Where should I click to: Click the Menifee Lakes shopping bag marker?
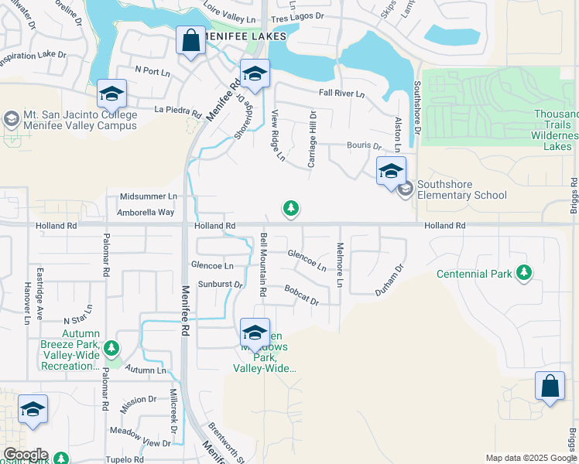point(190,40)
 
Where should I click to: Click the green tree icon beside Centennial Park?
point(525,272)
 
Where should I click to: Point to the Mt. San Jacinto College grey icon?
point(11,119)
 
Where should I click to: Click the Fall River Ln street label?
point(341,94)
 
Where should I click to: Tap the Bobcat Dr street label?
point(301,295)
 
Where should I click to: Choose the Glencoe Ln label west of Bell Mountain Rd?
point(212,265)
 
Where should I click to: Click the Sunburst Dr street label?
point(220,285)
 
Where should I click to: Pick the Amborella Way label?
point(146,212)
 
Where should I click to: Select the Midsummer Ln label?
point(149,197)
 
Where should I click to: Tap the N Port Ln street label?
point(152,70)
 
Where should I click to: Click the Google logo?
point(25,455)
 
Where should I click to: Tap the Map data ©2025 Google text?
point(530,458)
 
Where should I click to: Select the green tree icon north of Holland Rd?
point(290,208)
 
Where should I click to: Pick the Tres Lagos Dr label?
point(297,15)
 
